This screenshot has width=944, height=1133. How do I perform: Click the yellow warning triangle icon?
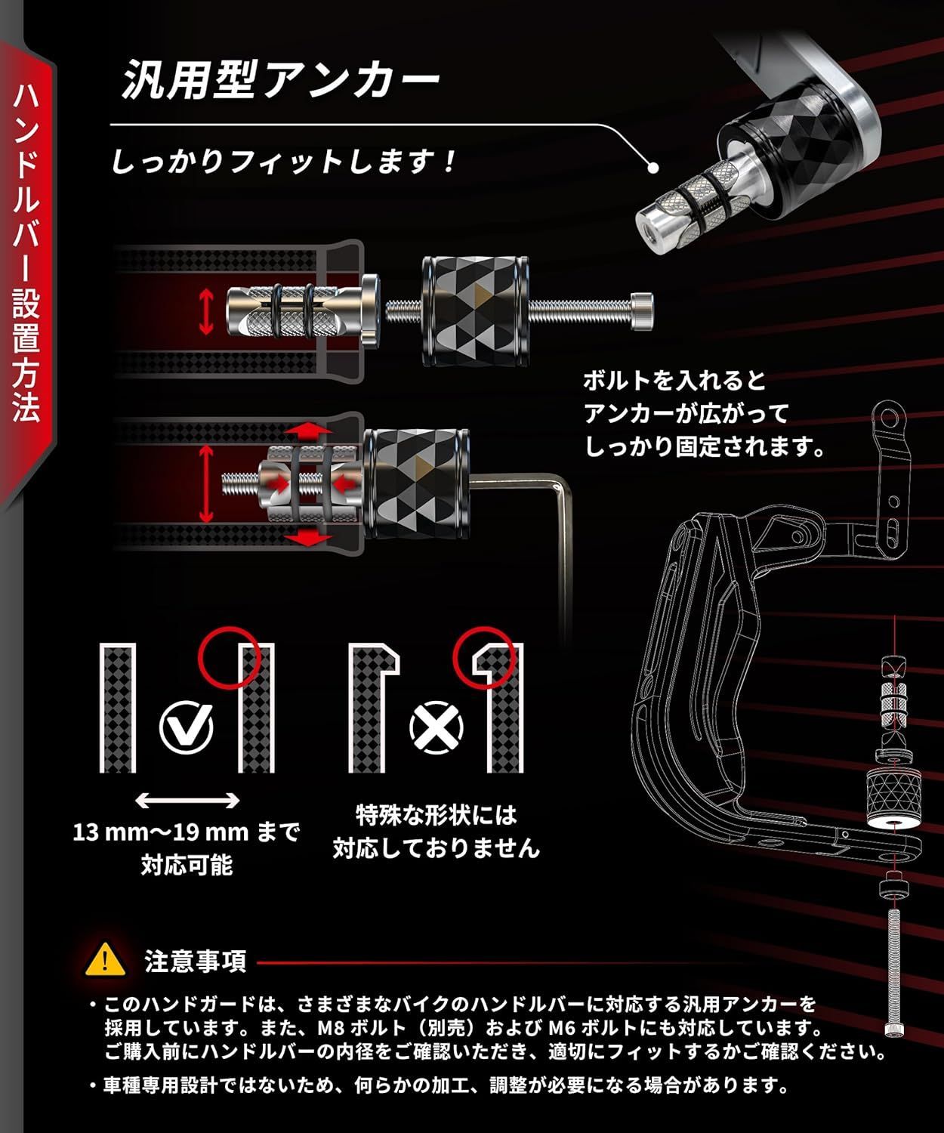tap(106, 960)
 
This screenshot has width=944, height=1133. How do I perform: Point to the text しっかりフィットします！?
tap(283, 162)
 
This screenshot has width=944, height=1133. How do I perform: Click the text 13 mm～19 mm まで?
tap(186, 833)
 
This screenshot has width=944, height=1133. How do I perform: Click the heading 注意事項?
tap(196, 962)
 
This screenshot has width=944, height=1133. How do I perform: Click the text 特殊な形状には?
tap(436, 815)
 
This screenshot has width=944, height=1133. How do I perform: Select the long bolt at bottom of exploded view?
tap(894, 971)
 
